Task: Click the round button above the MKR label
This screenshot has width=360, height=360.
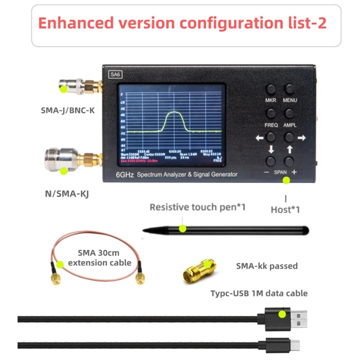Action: click(x=271, y=89)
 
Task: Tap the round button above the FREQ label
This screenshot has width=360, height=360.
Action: click(x=271, y=112)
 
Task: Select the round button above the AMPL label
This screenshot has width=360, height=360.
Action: click(x=289, y=112)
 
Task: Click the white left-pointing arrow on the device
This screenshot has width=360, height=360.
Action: click(x=260, y=138)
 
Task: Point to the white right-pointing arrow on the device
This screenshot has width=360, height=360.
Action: click(x=301, y=138)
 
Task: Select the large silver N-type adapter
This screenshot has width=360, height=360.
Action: click(x=61, y=159)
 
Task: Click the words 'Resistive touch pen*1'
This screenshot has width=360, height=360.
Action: click(x=198, y=207)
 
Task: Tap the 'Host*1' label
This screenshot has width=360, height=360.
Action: click(x=285, y=209)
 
